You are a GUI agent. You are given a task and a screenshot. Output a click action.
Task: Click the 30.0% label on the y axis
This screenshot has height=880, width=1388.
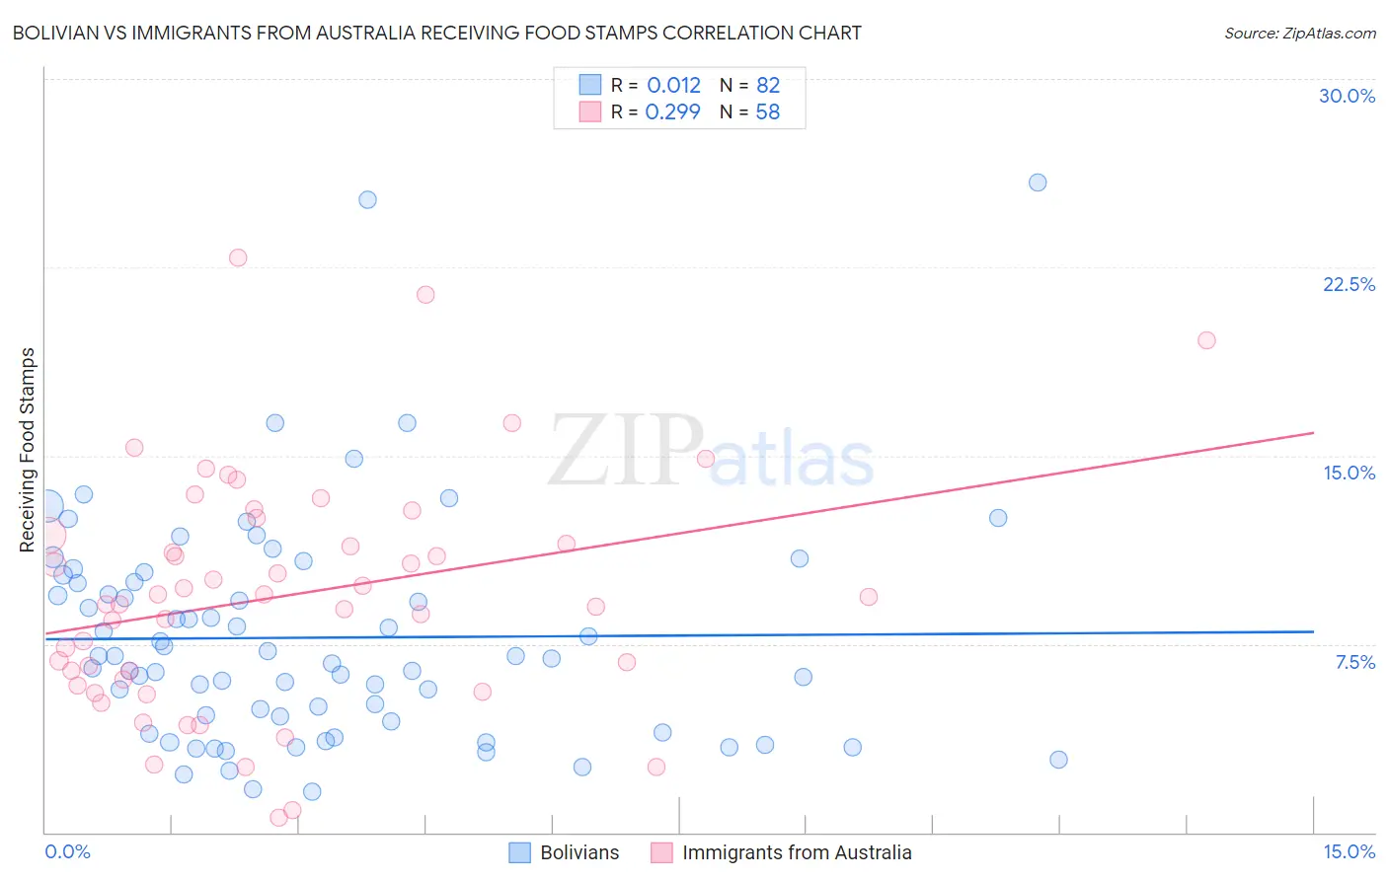(1347, 96)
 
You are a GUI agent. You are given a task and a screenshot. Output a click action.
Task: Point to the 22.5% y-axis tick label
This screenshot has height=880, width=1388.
(1349, 284)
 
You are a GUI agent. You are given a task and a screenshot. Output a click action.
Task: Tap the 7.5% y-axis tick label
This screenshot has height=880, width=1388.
(1354, 662)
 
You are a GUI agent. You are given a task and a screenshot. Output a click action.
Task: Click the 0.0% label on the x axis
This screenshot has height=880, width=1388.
(67, 851)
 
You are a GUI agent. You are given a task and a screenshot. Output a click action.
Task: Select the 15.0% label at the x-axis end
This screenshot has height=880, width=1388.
(1349, 851)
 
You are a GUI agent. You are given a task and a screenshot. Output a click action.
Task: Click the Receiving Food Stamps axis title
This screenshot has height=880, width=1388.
(28, 450)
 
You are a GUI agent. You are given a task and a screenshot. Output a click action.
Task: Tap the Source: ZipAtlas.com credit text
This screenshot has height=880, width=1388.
(1299, 33)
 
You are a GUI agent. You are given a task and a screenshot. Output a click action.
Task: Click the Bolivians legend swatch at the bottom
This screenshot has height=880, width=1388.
(520, 852)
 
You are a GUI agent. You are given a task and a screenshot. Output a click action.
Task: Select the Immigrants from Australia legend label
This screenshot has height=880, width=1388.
(797, 852)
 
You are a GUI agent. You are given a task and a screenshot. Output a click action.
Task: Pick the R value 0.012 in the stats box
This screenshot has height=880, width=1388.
(673, 85)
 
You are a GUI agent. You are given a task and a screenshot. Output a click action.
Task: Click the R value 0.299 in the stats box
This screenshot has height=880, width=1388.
(672, 111)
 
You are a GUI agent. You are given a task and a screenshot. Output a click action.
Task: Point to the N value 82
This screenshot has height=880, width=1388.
(768, 85)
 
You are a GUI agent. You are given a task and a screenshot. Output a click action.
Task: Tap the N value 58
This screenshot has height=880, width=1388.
(768, 111)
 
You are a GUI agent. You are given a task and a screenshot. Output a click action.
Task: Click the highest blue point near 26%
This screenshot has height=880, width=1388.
(1038, 183)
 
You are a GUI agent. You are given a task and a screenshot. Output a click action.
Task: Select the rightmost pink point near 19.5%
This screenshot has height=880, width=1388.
(1206, 340)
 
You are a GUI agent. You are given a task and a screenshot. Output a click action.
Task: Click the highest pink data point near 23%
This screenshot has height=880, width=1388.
(238, 257)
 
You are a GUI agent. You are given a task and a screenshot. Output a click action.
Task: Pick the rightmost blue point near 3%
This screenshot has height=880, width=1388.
(1058, 760)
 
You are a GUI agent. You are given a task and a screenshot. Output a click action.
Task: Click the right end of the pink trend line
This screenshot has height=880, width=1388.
(1313, 432)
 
